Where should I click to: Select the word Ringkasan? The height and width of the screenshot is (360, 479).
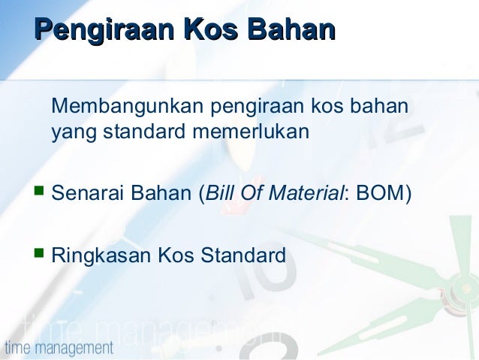tap(101, 256)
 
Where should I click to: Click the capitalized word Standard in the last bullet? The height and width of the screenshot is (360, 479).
tap(243, 255)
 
